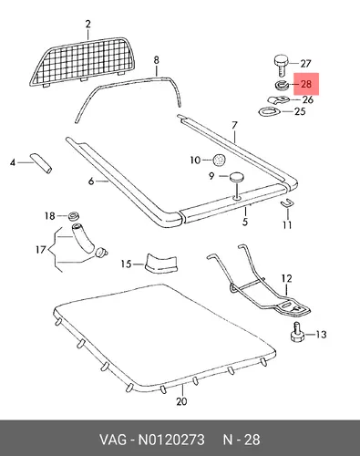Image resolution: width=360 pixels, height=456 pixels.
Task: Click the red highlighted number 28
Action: tap(306, 84)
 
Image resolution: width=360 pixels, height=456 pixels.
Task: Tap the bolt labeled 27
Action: tap(282, 65)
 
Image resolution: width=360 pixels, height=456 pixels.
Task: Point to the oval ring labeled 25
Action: tap(269, 112)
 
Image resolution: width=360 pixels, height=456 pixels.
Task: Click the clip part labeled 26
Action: tap(278, 99)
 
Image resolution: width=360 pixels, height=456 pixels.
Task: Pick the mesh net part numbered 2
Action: tap(82, 62)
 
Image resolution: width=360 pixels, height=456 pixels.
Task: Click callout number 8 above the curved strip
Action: tap(156, 60)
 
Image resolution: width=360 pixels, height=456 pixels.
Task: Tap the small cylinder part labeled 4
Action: tap(41, 163)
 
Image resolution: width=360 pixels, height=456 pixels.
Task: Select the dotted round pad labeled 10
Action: tap(220, 160)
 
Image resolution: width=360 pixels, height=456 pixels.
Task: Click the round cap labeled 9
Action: tap(237, 177)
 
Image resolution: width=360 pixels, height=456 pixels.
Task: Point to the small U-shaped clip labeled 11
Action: tap(286, 203)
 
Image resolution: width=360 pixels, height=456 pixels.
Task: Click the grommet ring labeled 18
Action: tap(73, 215)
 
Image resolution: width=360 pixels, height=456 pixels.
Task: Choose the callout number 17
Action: tap(41, 250)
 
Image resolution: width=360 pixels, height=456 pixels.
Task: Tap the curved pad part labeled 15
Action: tap(161, 263)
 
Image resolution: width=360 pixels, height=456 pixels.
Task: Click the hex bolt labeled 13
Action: tap(296, 334)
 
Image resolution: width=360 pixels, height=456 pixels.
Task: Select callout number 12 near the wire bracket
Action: tap(287, 278)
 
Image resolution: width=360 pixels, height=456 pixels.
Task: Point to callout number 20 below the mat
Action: tap(181, 401)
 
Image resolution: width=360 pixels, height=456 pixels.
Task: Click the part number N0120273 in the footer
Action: tap(171, 440)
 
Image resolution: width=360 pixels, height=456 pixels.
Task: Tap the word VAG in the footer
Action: tap(113, 440)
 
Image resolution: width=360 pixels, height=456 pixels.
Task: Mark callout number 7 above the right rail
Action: tap(234, 125)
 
